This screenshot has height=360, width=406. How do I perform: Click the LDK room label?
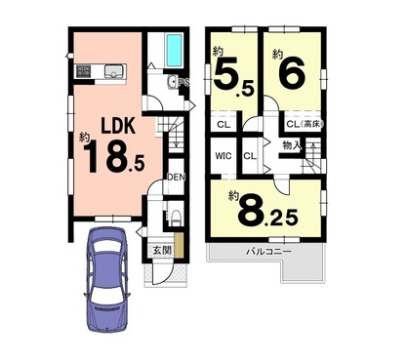pos(118,126)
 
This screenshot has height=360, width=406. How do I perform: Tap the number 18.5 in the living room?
pos(114,157)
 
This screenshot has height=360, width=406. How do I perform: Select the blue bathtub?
pos(174,51)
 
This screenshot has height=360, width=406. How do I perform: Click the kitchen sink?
pos(115,71)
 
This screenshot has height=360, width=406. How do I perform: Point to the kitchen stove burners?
pos(84,71)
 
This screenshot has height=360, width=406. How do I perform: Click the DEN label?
pos(176,178)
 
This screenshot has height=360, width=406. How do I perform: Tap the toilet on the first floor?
pos(176,218)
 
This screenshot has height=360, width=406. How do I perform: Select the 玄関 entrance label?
pos(162,251)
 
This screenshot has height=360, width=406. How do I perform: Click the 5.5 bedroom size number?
pos(233,79)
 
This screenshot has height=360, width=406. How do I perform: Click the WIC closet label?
pos(223,156)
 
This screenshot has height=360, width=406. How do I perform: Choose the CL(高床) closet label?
pos(305,124)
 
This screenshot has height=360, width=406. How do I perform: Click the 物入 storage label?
pos(292,145)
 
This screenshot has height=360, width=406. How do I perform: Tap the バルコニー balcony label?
pos(268,251)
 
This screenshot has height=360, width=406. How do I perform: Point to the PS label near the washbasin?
pos(183,83)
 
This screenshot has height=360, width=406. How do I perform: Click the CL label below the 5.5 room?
pos(223,124)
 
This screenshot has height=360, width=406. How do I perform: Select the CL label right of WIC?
pos(250,156)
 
